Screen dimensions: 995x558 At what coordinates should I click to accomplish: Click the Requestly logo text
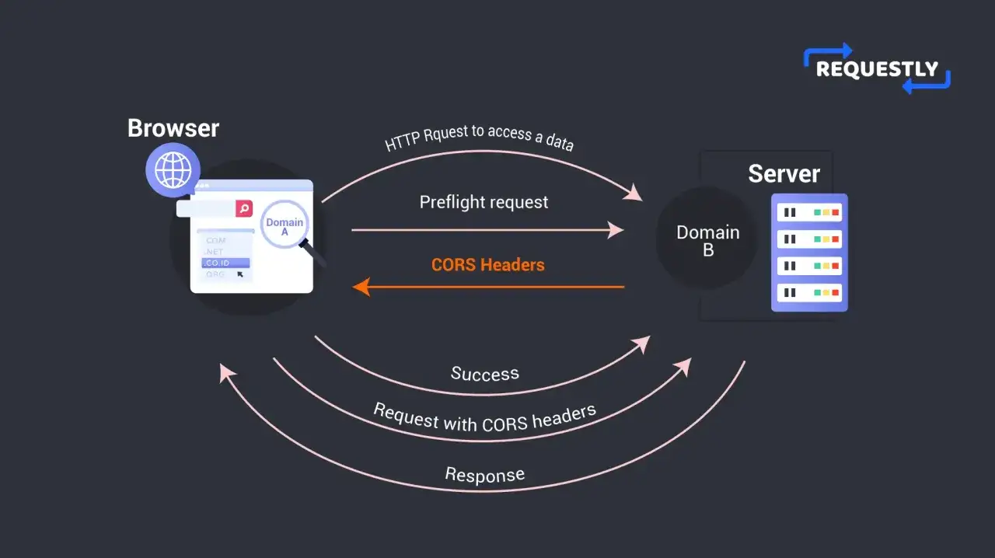(x=877, y=69)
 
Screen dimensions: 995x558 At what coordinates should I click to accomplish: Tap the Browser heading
(x=173, y=128)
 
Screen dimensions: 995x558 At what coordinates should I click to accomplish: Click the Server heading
(x=784, y=174)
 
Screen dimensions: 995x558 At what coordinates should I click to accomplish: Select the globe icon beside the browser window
(x=173, y=170)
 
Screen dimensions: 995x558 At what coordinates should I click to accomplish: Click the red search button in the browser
(x=244, y=208)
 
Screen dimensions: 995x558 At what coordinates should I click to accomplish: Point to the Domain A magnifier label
(x=285, y=227)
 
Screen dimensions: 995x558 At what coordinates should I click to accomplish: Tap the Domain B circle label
(x=708, y=241)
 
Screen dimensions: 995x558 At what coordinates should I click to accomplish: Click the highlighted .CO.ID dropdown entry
(x=225, y=263)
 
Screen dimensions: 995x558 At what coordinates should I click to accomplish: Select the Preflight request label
(x=484, y=203)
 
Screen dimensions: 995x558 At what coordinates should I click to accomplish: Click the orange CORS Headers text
(x=487, y=265)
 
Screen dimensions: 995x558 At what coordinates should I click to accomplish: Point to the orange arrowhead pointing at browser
(x=361, y=287)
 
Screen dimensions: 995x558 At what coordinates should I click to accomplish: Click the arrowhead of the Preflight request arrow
(x=616, y=230)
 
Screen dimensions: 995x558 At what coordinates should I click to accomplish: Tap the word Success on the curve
(x=485, y=374)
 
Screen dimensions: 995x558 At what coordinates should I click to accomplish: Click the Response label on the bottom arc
(x=485, y=475)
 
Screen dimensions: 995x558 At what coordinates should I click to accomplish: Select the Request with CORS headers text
(x=484, y=418)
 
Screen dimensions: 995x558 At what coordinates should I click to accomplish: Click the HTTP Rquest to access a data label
(x=479, y=138)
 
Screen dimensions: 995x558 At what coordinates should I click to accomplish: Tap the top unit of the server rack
(x=809, y=212)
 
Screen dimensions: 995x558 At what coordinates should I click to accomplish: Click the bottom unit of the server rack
(x=809, y=293)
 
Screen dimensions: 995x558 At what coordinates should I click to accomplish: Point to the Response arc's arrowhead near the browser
(x=226, y=373)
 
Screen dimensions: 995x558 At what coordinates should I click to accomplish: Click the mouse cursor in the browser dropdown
(x=240, y=274)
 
